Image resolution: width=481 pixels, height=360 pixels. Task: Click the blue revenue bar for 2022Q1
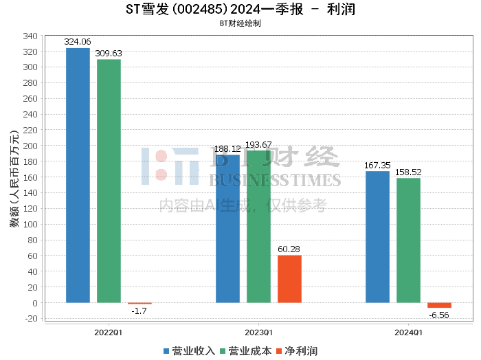pos(78,175)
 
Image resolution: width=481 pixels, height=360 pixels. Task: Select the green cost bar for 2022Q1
pos(109,181)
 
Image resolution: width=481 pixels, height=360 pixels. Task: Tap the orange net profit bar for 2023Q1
pos(289,279)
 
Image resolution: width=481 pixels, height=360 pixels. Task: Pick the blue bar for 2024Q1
pos(378,237)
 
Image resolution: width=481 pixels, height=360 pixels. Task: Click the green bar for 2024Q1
pos(409,240)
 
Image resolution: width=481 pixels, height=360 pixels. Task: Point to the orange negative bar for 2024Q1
pos(439,306)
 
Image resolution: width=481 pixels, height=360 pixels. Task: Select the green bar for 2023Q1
pos(258,227)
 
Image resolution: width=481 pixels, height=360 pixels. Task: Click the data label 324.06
pos(78,42)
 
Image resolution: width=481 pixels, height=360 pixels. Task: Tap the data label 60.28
pos(289,249)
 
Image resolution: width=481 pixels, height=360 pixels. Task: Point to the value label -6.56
pos(439,315)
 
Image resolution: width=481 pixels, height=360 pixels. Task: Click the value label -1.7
pos(139,311)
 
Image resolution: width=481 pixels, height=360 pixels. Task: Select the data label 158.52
pos(408,172)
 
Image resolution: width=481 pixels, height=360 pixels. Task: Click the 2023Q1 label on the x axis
pos(258,333)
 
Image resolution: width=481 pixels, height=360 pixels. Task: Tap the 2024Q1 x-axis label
pos(408,333)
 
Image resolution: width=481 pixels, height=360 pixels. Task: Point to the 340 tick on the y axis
pos(30,36)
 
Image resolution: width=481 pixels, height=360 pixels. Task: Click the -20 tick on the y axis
pos(32,319)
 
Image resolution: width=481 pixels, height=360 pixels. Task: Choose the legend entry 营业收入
pos(189,351)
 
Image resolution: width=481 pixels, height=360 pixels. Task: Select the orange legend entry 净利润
pos(297,351)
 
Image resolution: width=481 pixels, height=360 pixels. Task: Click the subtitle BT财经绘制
pos(240,23)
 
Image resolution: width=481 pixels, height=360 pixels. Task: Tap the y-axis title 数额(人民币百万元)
pos(14,179)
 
